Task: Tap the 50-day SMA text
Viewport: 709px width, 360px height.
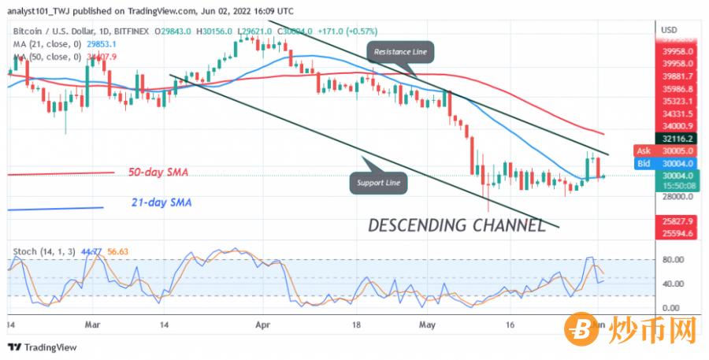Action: pos(158,172)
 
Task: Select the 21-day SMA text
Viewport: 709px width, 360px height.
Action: pos(161,202)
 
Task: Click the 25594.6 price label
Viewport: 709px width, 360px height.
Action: pos(677,234)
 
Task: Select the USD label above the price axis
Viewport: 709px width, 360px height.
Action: pos(669,30)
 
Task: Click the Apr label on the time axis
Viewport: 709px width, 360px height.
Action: pos(263,324)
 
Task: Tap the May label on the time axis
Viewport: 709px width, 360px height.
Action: pos(427,324)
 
